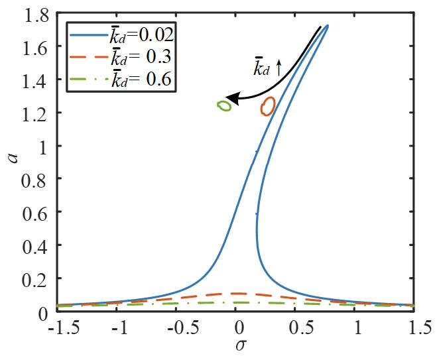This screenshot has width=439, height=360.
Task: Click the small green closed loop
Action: [x=224, y=105]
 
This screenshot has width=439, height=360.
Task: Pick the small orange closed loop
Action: [x=267, y=106]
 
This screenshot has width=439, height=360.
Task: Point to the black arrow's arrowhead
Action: [x=229, y=99]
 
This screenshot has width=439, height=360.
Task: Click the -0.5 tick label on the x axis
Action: [x=178, y=327]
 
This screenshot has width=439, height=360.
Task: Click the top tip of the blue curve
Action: [x=327, y=26]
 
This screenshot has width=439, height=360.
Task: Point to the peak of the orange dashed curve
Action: [x=237, y=293]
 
